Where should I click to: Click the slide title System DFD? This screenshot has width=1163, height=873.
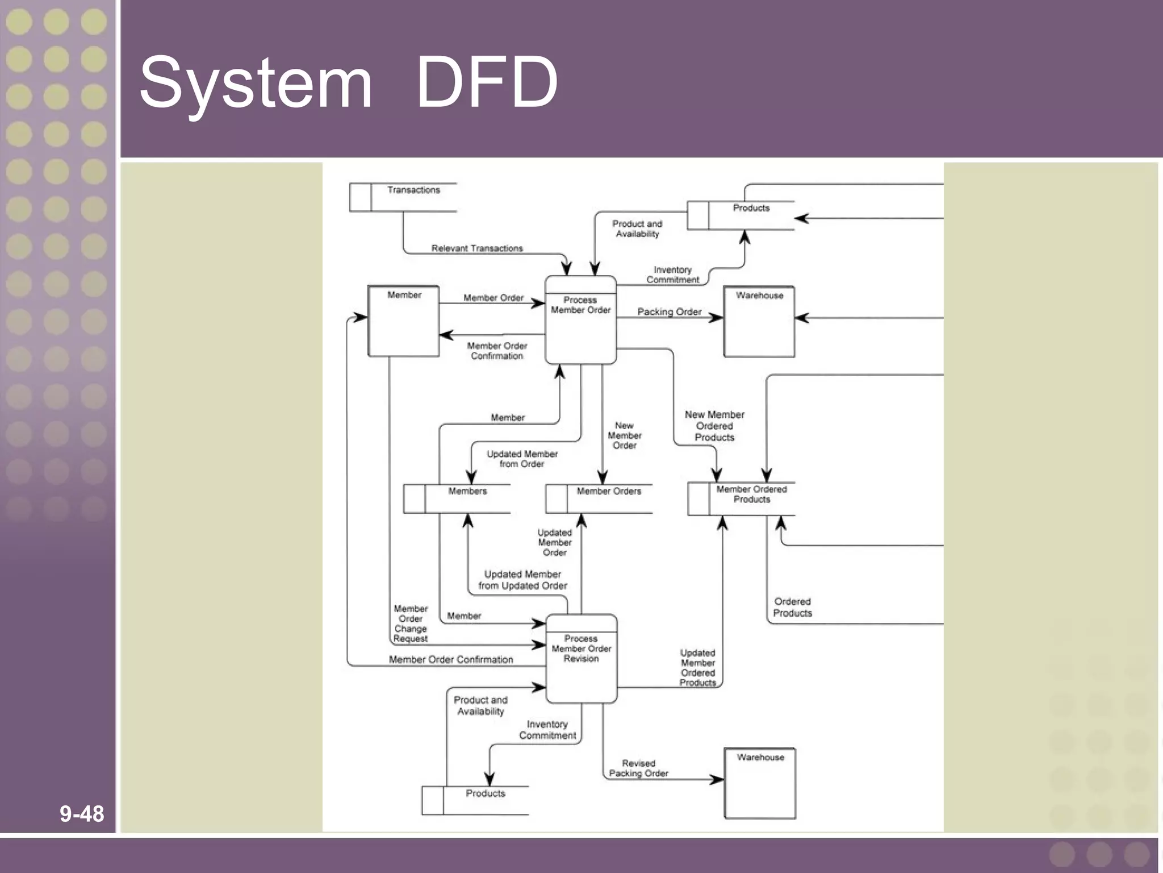348,83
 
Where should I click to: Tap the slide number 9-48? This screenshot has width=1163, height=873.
82,813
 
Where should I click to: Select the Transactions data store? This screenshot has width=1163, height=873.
403,197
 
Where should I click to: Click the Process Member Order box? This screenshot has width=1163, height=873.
580,320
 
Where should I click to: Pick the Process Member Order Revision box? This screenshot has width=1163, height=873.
581,659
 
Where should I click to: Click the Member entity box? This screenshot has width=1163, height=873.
404,321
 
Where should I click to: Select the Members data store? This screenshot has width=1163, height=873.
457,498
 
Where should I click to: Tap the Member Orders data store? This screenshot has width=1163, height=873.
599,498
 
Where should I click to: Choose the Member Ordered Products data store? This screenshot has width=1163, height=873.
741,498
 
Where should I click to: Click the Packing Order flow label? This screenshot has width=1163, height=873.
669,311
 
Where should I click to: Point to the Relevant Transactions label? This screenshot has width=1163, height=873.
477,248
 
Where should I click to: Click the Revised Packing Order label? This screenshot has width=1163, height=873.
638,768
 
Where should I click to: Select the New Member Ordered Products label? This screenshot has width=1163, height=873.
714,426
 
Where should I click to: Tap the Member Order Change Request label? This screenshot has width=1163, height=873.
411,623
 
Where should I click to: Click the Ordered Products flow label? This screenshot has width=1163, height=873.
792,607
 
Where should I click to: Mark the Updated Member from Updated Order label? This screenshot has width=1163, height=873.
522,580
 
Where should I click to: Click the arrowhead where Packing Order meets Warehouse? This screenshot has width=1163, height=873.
718,318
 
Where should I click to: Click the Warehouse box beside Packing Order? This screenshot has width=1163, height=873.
759,322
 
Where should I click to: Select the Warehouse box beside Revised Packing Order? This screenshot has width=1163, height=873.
760,783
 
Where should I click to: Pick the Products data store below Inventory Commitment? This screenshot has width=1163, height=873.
475,800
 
